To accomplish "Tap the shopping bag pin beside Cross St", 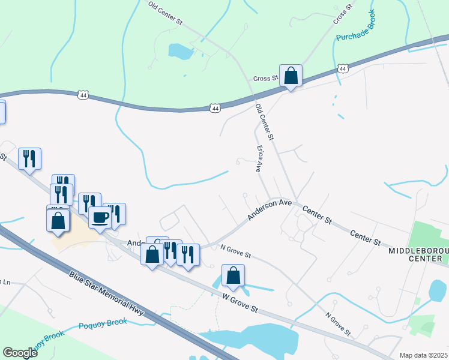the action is (291, 76).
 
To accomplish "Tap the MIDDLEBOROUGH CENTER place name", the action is (418, 254).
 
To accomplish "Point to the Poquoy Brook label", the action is (103, 324).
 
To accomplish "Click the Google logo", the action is (20, 353).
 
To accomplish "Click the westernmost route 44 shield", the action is (83, 95).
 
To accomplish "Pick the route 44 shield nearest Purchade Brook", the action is (342, 69).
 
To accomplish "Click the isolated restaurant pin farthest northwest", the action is (29, 159).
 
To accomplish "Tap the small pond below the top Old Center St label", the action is (181, 51).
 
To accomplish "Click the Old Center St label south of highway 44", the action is (265, 122).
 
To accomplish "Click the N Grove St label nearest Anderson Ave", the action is (235, 251).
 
